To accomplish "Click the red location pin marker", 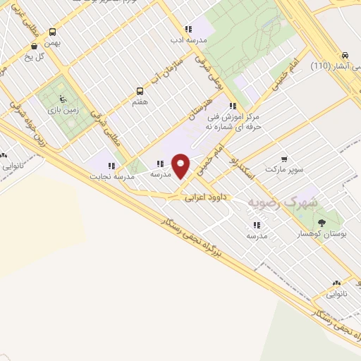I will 181,166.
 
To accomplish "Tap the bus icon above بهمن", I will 53,32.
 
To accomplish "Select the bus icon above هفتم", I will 140,91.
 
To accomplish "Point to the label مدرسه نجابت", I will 106,176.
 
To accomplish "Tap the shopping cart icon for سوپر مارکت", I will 283,159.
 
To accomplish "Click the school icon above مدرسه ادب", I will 188,29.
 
